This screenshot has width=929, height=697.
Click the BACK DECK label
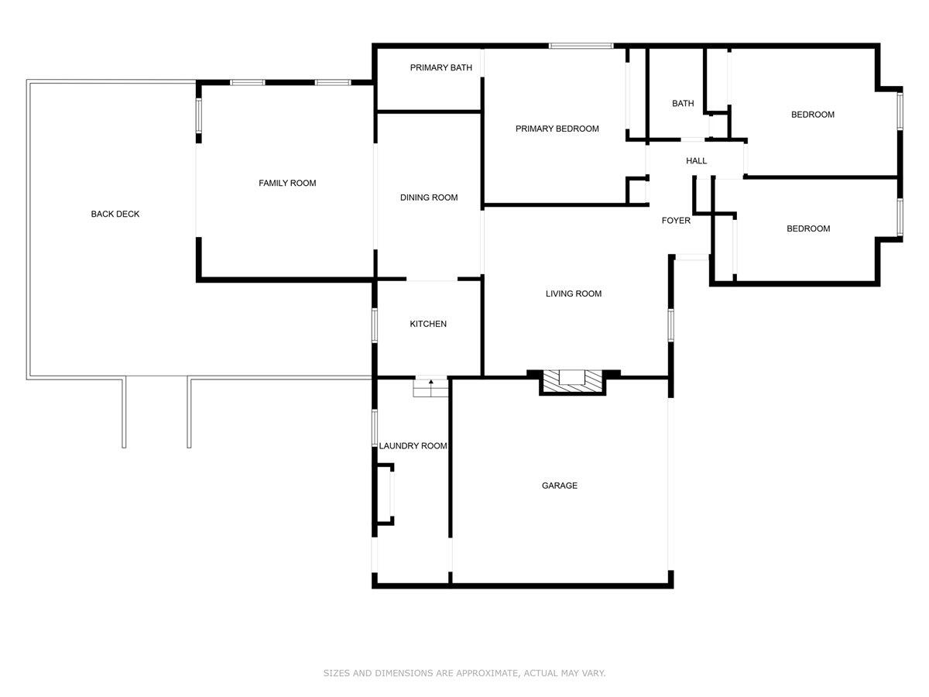pyautogui.click(x=115, y=214)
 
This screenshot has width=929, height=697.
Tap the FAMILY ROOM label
pyautogui.click(x=287, y=183)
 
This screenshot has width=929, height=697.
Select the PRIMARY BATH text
pyautogui.click(x=441, y=67)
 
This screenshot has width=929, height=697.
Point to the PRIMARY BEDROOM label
pyautogui.click(x=557, y=129)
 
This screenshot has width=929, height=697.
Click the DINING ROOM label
pyautogui.click(x=429, y=197)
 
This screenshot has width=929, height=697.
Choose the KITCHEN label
pyautogui.click(x=428, y=324)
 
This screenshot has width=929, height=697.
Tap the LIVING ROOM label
pyautogui.click(x=573, y=294)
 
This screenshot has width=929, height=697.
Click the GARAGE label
pyautogui.click(x=559, y=486)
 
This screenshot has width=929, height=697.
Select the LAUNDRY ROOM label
pyautogui.click(x=413, y=445)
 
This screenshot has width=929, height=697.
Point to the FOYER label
pyautogui.click(x=676, y=221)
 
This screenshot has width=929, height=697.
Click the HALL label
pyautogui.click(x=696, y=161)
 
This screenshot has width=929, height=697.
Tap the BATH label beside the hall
pyautogui.click(x=683, y=103)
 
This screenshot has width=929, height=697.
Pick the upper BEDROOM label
pyautogui.click(x=812, y=115)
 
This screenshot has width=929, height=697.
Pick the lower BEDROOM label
pyautogui.click(x=808, y=228)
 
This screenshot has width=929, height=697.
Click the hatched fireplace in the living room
pyautogui.click(x=572, y=380)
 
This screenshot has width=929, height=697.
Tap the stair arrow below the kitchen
pyautogui.click(x=430, y=383)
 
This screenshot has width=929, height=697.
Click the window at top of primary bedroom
pyautogui.click(x=581, y=46)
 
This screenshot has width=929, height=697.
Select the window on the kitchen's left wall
pyautogui.click(x=374, y=324)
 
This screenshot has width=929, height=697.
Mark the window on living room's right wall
pyautogui.click(x=670, y=325)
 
